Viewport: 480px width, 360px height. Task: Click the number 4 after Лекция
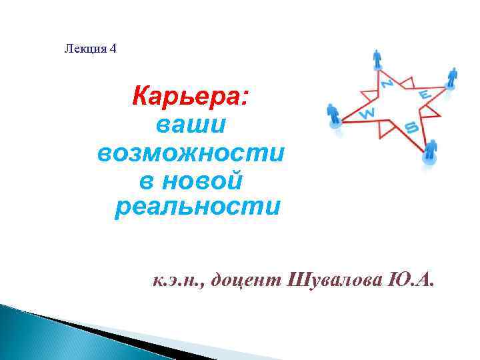click(x=112, y=49)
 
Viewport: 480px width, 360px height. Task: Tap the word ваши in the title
click(x=191, y=125)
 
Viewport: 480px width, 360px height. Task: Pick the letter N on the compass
click(x=386, y=83)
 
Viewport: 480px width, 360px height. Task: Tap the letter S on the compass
click(x=411, y=125)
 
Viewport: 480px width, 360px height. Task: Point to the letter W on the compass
click(x=367, y=113)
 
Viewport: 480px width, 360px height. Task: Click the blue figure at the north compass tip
click(x=378, y=59)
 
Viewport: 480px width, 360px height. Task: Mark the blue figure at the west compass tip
click(x=333, y=115)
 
